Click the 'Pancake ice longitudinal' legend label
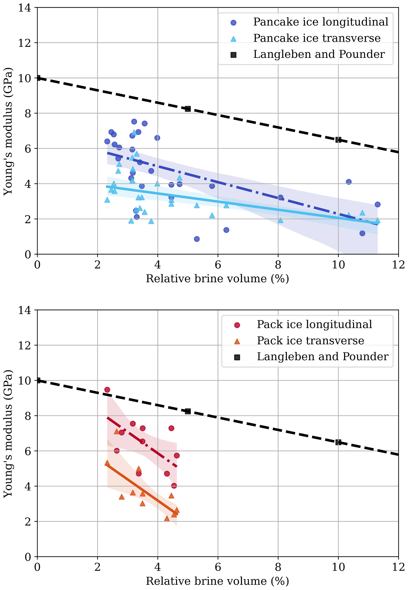(321, 22)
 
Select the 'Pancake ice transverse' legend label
(317, 38)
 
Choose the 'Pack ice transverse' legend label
(310, 341)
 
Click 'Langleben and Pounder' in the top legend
(319, 54)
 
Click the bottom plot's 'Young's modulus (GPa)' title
(8, 434)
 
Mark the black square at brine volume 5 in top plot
(188, 109)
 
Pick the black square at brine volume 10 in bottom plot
(338, 442)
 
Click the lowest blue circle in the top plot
(197, 239)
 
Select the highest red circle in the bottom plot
(107, 390)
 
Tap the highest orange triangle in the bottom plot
(117, 431)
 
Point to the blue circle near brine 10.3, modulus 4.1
(348, 182)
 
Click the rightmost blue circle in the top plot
(377, 204)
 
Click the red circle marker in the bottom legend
(237, 325)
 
